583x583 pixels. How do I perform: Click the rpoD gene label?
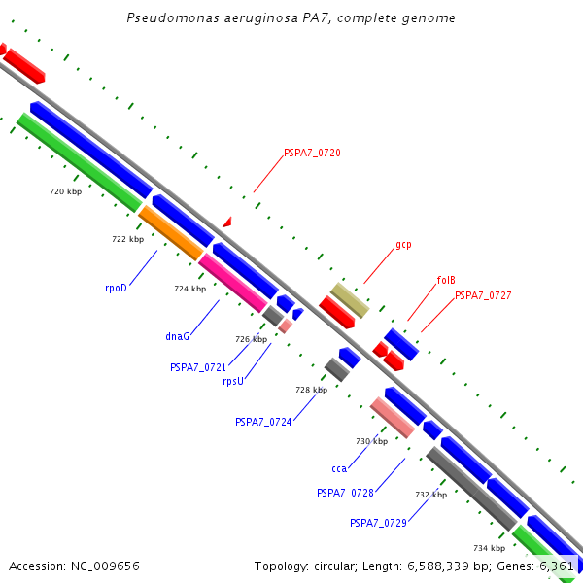[x=117, y=288]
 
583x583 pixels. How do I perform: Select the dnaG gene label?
[x=177, y=336]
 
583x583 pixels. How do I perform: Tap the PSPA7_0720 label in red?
[x=312, y=153]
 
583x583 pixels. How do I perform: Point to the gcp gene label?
[x=403, y=245]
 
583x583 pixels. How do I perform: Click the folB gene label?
[x=446, y=280]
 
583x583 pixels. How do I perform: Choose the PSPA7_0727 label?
[x=483, y=295]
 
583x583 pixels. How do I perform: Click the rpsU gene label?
[x=233, y=381]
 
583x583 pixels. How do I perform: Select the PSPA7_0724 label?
[x=263, y=422]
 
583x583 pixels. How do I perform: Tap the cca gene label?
[x=339, y=468]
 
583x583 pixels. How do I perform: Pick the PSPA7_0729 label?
[x=378, y=523]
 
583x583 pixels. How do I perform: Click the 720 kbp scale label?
[x=65, y=191]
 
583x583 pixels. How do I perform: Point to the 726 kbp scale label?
[x=251, y=339]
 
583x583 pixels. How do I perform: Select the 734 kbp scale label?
[x=489, y=548]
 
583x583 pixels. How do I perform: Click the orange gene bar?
[x=171, y=233]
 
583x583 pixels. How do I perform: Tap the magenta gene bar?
[x=232, y=283]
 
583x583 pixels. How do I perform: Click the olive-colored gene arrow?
[x=350, y=300]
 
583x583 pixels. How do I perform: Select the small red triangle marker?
[x=227, y=223]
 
